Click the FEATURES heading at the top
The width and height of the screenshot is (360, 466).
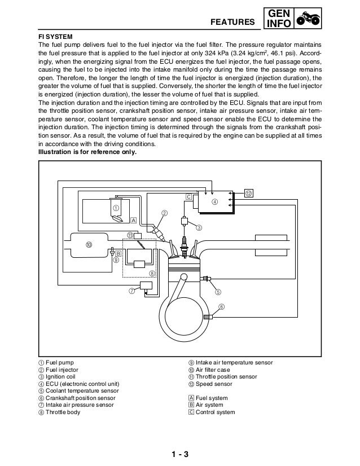[x=232, y=22]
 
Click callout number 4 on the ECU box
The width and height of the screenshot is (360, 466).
[x=214, y=201]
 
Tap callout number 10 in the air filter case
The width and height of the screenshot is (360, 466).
[x=89, y=244]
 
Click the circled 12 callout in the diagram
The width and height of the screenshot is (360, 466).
[x=249, y=193]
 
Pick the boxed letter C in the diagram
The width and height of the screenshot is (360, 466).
[x=189, y=196]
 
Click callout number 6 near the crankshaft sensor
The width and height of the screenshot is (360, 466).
[x=221, y=306]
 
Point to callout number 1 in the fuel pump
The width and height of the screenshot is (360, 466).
[x=116, y=207]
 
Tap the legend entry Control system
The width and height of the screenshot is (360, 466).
[x=211, y=412]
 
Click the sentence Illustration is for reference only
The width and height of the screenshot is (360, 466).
[x=87, y=152]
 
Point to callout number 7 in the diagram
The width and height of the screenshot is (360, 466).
[x=131, y=291]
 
